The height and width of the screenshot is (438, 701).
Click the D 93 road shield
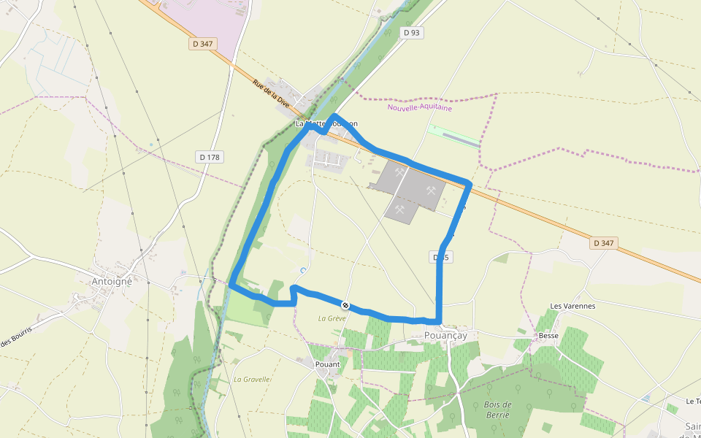click(413, 33)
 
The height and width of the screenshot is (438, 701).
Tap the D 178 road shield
click(209, 157)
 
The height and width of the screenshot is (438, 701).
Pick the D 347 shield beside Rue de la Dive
click(202, 44)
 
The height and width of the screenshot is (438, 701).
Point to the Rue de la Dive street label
click(272, 94)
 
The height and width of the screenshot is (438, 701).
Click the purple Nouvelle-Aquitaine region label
click(419, 108)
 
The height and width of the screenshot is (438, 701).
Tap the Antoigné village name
click(112, 281)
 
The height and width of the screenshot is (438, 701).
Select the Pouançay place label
click(445, 335)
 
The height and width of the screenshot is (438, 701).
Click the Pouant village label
click(328, 364)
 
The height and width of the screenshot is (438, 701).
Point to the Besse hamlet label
click(548, 336)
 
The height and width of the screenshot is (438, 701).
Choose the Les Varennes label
click(572, 306)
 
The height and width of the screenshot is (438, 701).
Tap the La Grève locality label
click(332, 318)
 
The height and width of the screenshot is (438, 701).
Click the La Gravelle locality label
click(253, 380)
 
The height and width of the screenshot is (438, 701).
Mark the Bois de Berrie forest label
click(497, 410)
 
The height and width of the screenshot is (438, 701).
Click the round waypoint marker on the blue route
click(345, 305)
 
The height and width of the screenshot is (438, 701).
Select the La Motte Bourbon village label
click(326, 124)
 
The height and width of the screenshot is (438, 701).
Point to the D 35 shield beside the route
click(441, 258)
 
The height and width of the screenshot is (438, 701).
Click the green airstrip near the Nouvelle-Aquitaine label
click(454, 134)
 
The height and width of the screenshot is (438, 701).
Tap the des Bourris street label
click(16, 341)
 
